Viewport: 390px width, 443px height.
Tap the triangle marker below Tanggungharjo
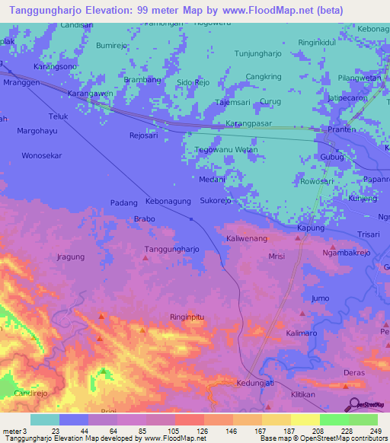tap(145, 258)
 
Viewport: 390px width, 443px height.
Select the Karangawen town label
tap(90, 93)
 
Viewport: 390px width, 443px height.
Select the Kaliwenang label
tap(246, 239)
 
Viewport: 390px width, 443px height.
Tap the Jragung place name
tap(71, 257)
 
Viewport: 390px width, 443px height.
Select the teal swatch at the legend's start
tap(45, 419)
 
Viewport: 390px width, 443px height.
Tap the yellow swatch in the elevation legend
tap(305, 419)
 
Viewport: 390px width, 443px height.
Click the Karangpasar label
tap(251, 123)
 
